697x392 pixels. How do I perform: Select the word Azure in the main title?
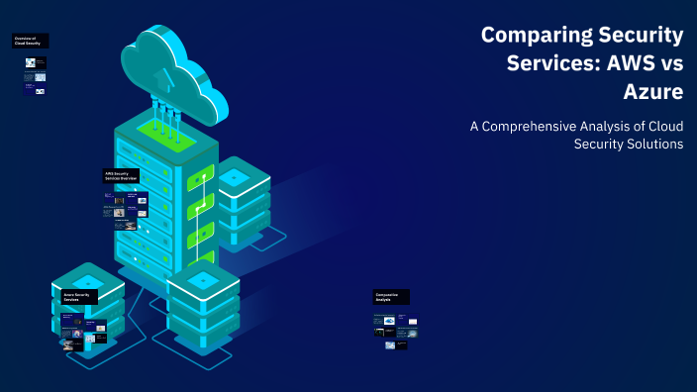click(x=653, y=94)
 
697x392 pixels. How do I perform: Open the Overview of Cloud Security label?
click(x=30, y=41)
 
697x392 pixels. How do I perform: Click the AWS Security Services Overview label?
click(x=121, y=175)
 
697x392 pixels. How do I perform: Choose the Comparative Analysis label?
click(x=391, y=296)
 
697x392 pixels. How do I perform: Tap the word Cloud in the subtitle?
click(x=665, y=126)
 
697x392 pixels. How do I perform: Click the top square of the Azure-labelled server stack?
click(x=87, y=276)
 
